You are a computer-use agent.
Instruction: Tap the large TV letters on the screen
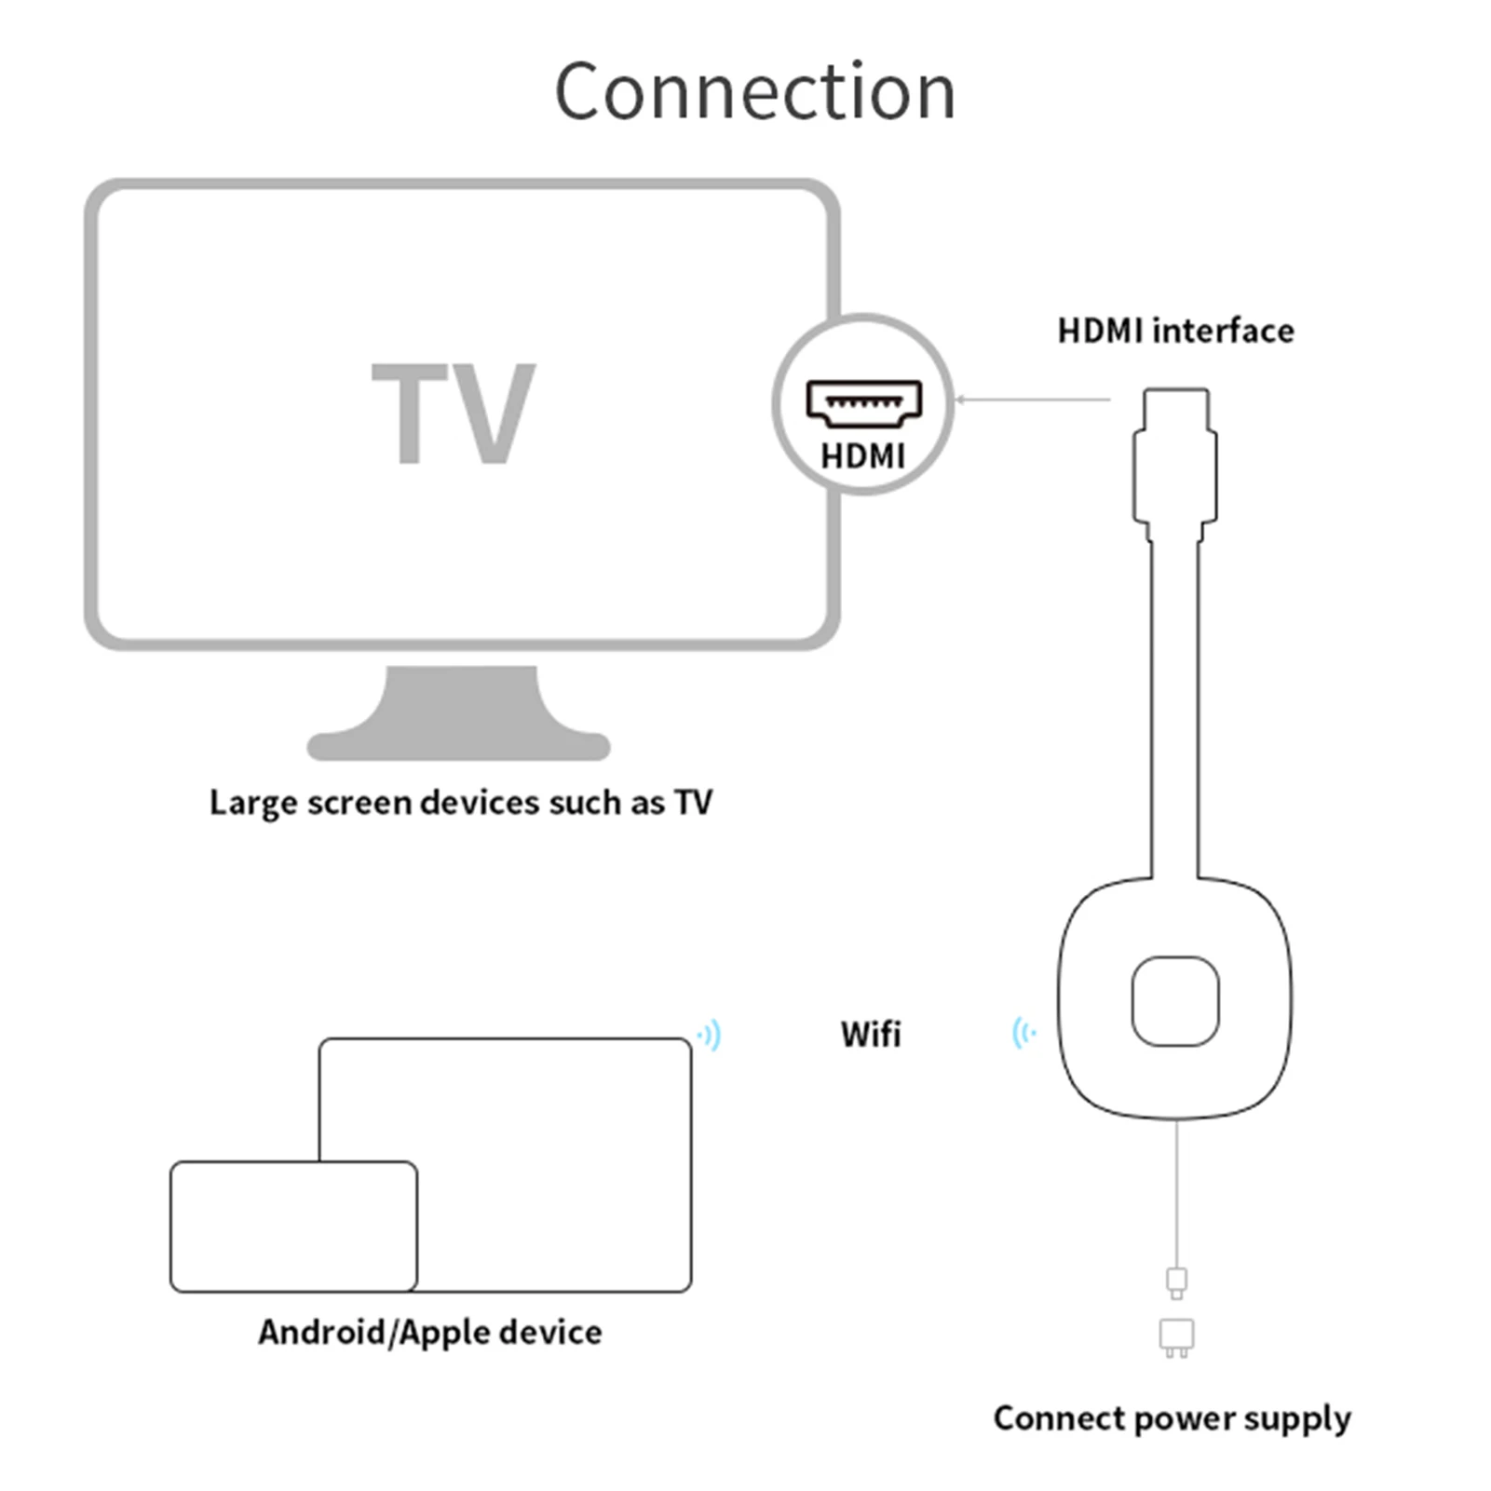point(454,413)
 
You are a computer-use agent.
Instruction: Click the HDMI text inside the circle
point(862,456)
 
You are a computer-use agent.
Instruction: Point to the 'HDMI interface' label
point(1175,331)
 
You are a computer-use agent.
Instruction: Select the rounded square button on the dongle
point(1175,1001)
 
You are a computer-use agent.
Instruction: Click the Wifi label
point(871,1035)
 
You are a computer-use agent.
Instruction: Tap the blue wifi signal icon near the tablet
point(711,1035)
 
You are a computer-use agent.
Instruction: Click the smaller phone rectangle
point(293,1226)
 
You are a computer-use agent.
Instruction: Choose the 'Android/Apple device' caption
point(430,1333)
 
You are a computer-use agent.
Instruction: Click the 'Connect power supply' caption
point(1172,1418)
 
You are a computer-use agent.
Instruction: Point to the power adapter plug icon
point(1176,1336)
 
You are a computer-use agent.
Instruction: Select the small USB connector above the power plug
point(1176,1281)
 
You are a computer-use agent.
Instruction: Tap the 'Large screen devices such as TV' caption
point(460,803)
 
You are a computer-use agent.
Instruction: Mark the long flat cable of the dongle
point(1174,708)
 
